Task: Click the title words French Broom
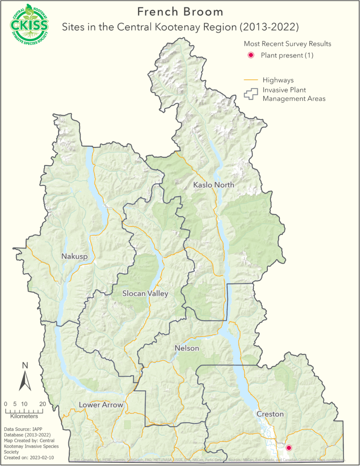point(174,11)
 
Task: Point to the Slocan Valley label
point(145,294)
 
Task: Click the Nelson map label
point(186,348)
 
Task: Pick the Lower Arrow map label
point(101,405)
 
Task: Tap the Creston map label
point(270,413)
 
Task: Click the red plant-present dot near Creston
point(289,448)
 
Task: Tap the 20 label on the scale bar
point(42,404)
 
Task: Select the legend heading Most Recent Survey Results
point(288,44)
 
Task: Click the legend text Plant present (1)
point(287,55)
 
